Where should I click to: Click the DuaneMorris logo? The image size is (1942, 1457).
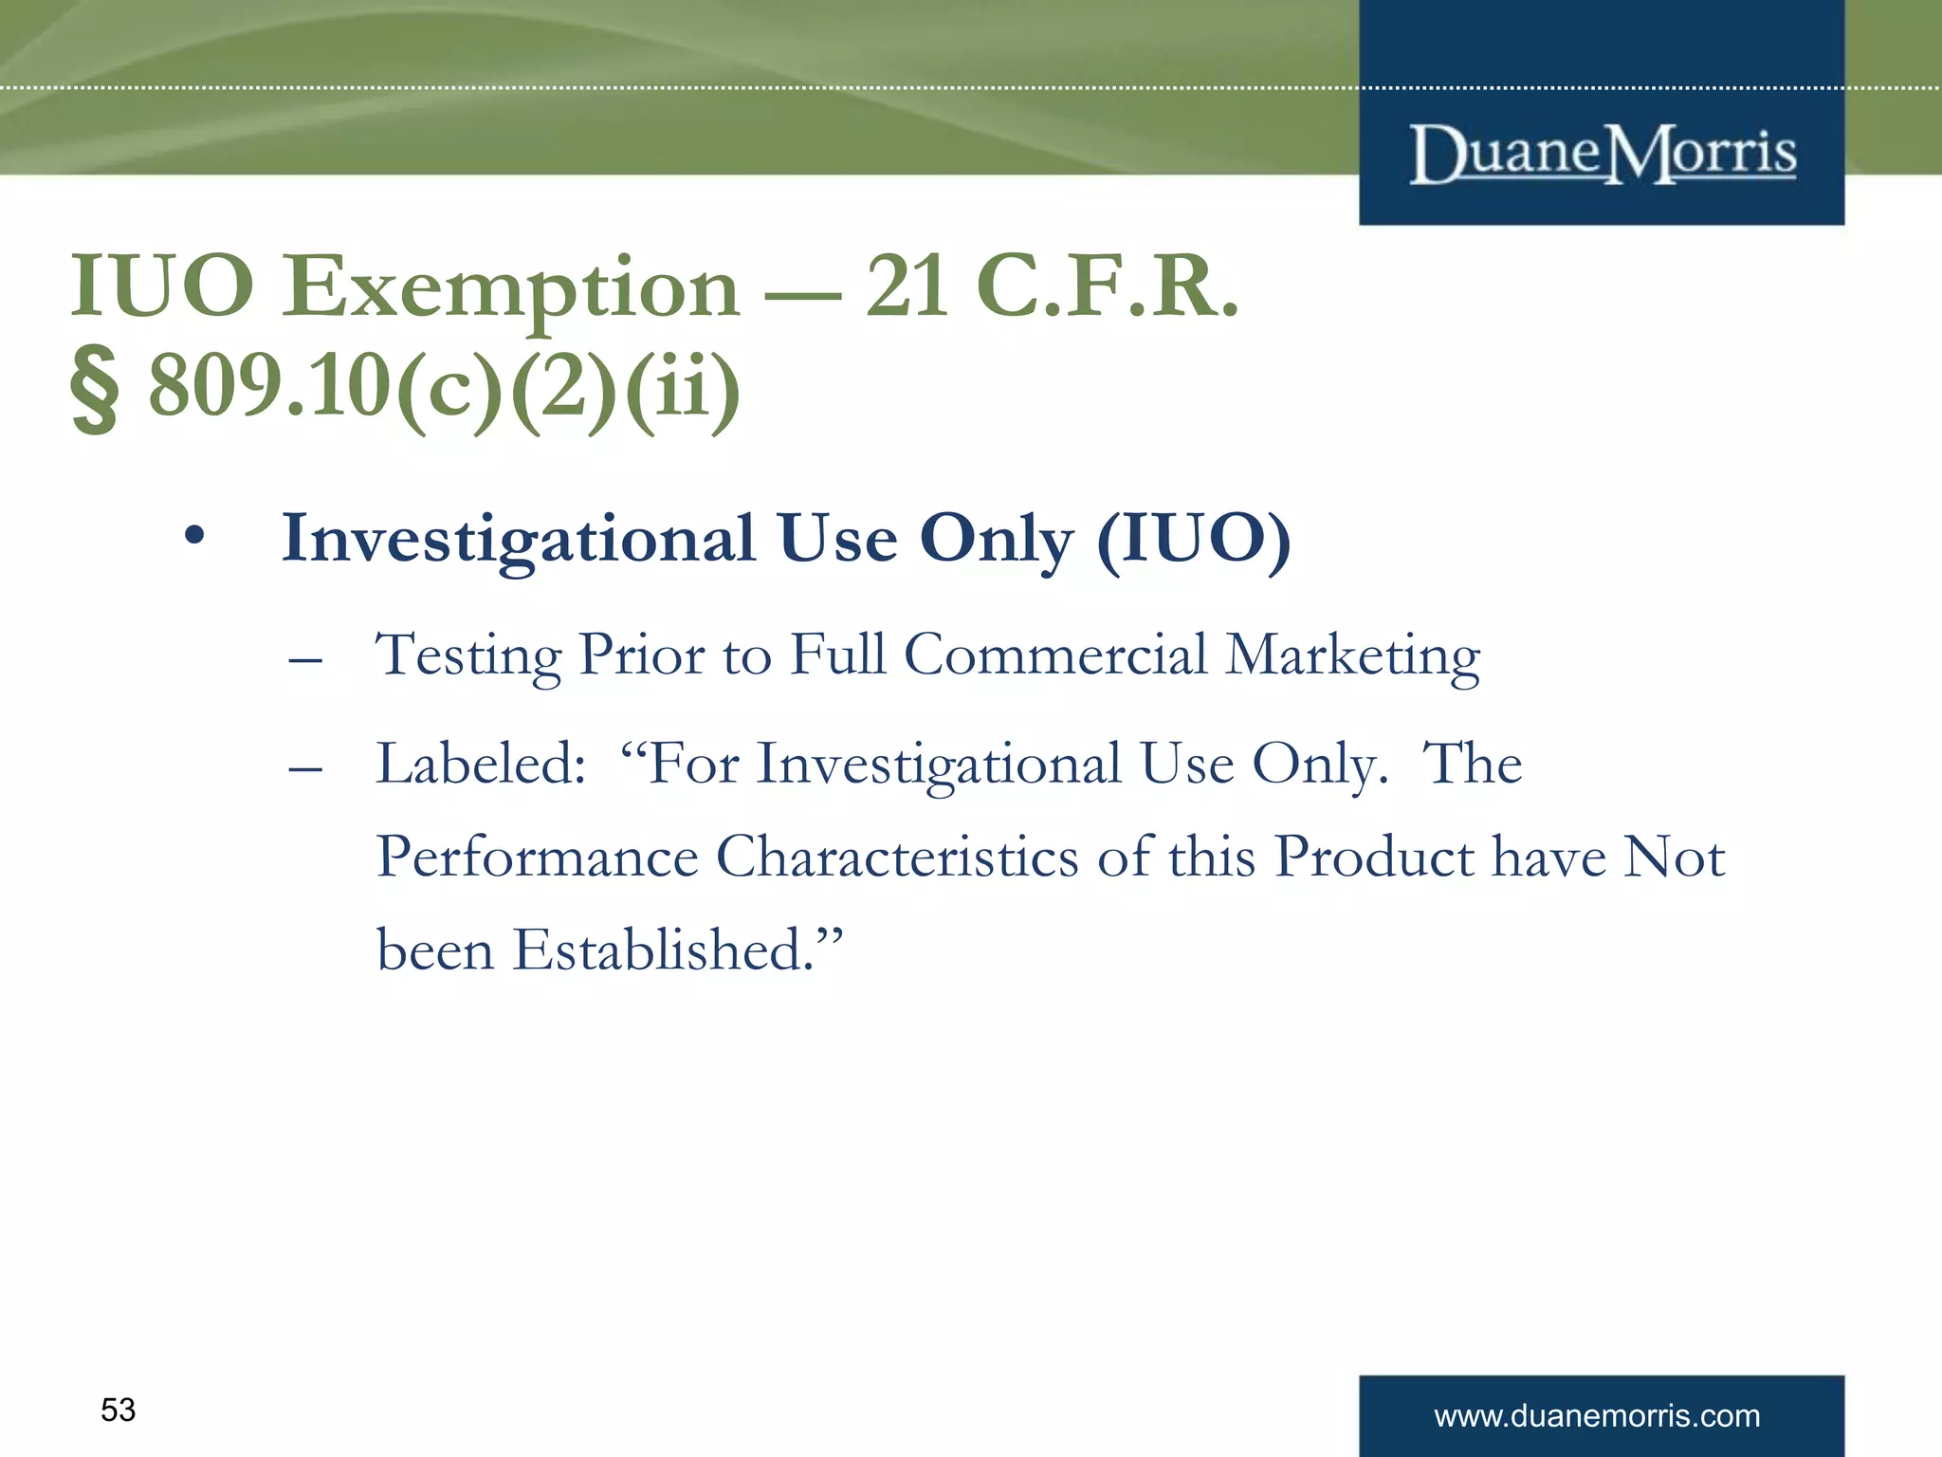point(1603,155)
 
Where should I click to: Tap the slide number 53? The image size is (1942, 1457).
point(119,1410)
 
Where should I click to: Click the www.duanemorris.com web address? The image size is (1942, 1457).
point(1597,1416)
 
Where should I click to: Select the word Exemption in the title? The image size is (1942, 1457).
point(510,288)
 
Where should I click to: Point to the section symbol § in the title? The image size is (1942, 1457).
point(95,389)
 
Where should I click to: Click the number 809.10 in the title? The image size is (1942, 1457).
point(270,386)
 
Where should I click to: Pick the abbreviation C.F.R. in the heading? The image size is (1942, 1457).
point(1108,286)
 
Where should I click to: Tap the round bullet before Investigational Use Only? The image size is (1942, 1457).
point(194,537)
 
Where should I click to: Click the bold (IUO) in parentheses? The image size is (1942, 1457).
point(1194,539)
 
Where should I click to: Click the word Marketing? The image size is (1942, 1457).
point(1352,655)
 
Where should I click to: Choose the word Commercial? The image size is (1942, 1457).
point(1055,655)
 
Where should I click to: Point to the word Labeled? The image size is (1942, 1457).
point(482,764)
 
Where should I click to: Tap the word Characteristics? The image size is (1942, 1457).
point(897,857)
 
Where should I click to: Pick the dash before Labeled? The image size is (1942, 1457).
point(305,767)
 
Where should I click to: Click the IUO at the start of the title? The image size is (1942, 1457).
point(162,286)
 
